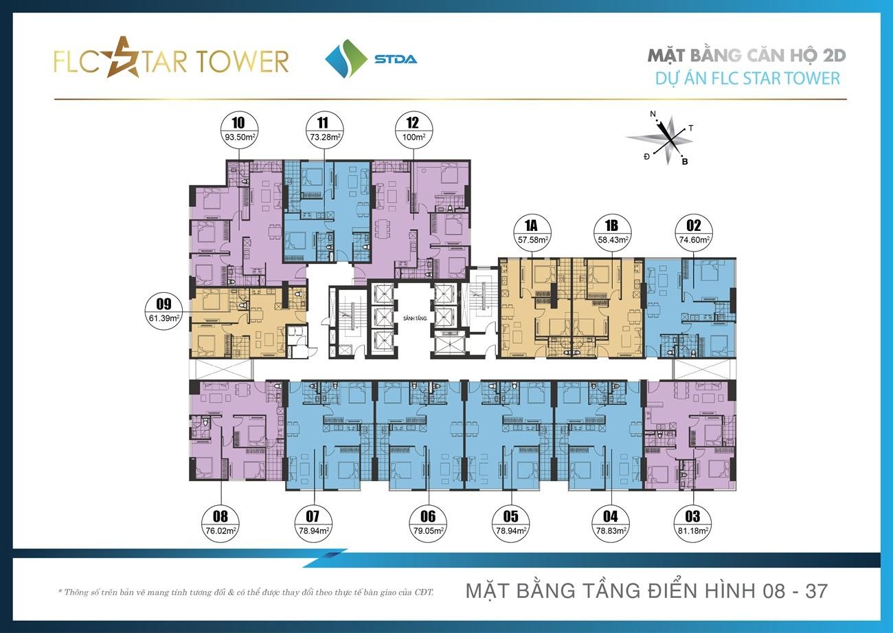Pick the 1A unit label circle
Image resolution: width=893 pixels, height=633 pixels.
pos(532,233)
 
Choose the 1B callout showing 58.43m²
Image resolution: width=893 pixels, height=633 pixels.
pos(611,233)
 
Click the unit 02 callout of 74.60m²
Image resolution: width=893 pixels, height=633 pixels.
pos(693,233)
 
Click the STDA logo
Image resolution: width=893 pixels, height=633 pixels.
pos(371,58)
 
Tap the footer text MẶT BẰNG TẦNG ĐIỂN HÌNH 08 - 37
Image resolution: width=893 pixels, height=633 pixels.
pos(646,590)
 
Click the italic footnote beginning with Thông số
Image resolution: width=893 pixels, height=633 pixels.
pos(247,591)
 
